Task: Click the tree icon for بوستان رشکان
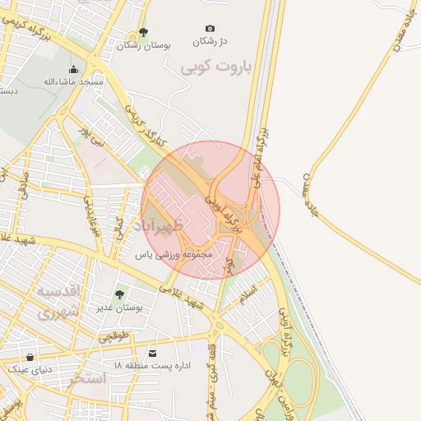point(143,33)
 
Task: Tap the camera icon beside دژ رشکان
point(210,29)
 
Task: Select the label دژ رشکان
point(209,41)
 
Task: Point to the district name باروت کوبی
point(216,67)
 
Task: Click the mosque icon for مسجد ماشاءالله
point(74,70)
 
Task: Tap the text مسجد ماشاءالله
point(74,82)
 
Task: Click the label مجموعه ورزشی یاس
point(174,255)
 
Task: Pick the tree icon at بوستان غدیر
point(120,294)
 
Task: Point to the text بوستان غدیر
point(120,307)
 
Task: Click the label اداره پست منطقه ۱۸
point(154,364)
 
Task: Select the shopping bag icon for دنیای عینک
point(30,358)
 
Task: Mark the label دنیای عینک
point(30,369)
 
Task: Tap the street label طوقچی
point(115,337)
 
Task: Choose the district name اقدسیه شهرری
point(58,302)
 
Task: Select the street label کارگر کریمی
point(150,128)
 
